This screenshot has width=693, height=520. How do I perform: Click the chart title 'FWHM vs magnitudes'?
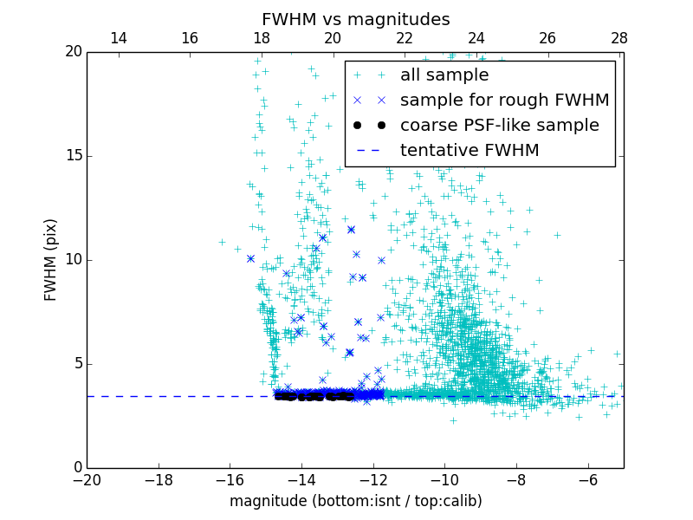pyautogui.click(x=355, y=19)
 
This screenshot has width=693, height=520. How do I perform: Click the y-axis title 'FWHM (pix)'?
pyautogui.click(x=51, y=259)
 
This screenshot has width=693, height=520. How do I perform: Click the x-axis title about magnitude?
pyautogui.click(x=355, y=501)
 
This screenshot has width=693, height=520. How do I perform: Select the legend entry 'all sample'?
pyautogui.click(x=444, y=75)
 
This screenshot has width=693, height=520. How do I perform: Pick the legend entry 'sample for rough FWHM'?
pyautogui.click(x=504, y=100)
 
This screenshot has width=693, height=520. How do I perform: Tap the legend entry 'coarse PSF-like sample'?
pyautogui.click(x=499, y=125)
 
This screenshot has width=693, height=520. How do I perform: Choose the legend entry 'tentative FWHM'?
pyautogui.click(x=470, y=150)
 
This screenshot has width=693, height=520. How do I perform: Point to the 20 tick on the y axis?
pyautogui.click(x=72, y=52)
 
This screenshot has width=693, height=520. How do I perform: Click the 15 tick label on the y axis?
pyautogui.click(x=72, y=156)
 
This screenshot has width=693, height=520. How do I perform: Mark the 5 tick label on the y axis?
pyautogui.click(x=76, y=363)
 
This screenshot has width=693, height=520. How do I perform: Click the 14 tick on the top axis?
pyautogui.click(x=119, y=38)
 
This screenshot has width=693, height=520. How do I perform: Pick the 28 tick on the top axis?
pyautogui.click(x=619, y=38)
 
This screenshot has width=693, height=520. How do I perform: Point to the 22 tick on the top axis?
pyautogui.click(x=405, y=38)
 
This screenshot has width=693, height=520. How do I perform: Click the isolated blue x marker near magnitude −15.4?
pyautogui.click(x=250, y=258)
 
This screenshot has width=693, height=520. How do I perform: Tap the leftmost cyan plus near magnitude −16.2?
pyautogui.click(x=222, y=243)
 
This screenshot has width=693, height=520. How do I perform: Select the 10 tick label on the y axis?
pyautogui.click(x=72, y=260)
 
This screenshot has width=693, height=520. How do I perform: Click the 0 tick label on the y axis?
pyautogui.click(x=76, y=467)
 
